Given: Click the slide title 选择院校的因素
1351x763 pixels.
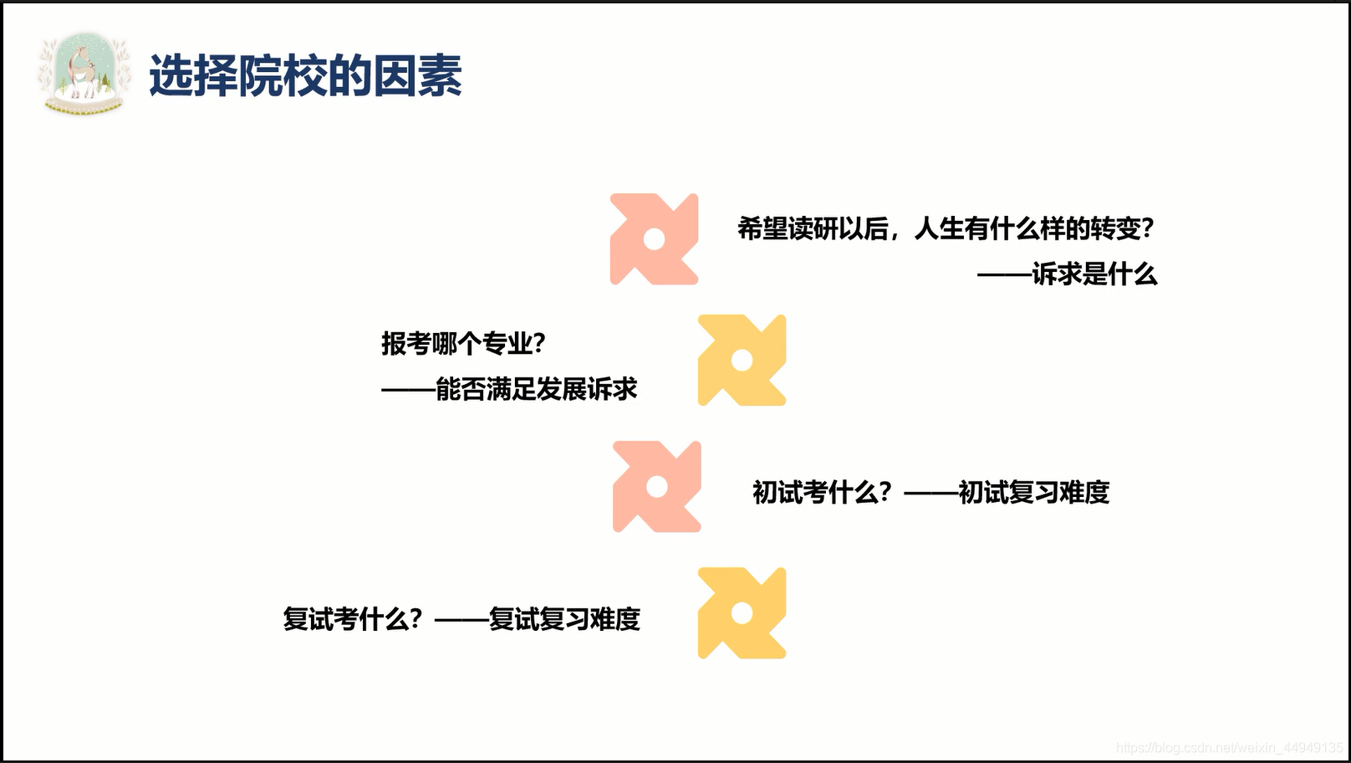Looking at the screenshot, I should (x=305, y=76).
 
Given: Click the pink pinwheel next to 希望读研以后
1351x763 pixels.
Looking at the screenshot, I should (x=654, y=239).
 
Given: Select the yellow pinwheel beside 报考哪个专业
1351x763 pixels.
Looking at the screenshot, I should (x=742, y=361).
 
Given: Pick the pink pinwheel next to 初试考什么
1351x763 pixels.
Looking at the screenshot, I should (x=656, y=487).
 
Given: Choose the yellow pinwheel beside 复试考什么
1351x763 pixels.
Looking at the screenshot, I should (x=742, y=613).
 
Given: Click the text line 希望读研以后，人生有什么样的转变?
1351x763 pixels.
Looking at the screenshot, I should (x=945, y=228).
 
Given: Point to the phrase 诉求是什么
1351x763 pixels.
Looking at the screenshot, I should (x=1094, y=274).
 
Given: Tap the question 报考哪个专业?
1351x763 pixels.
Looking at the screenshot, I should (x=463, y=343).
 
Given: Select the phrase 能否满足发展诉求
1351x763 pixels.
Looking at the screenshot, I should (x=536, y=389).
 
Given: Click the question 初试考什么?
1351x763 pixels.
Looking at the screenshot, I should (x=822, y=492).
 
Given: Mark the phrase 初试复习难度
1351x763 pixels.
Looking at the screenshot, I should (x=1033, y=492).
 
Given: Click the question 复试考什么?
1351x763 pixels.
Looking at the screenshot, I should (x=352, y=619).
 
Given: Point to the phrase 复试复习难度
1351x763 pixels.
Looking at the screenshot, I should (x=564, y=619).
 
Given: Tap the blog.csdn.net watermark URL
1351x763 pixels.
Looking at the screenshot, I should (x=1229, y=748).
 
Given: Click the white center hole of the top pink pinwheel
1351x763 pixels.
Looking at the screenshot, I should (x=655, y=240).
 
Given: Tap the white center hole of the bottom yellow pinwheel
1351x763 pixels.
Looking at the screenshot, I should (x=742, y=614).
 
